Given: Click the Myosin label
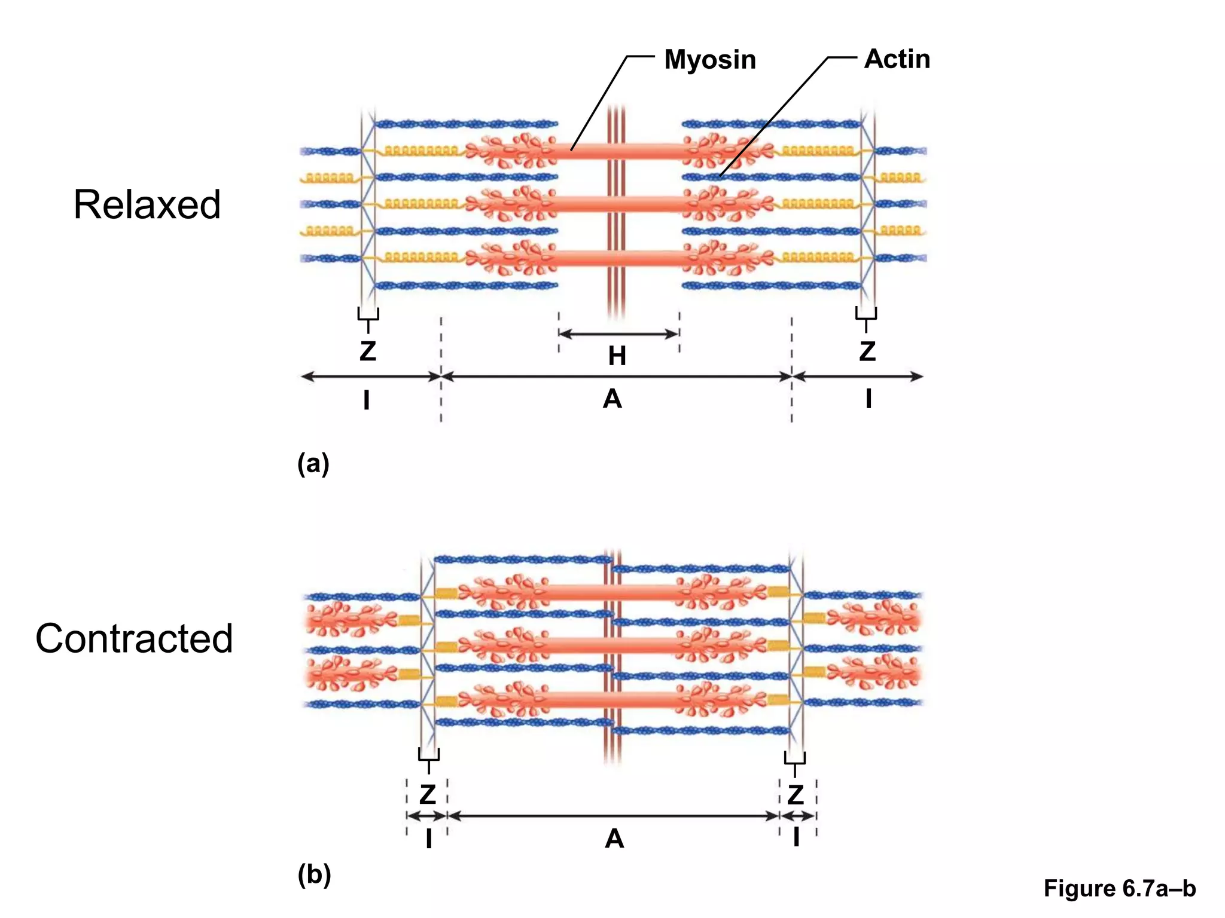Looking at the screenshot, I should pos(710,60).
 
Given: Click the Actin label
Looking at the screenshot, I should pos(897,59).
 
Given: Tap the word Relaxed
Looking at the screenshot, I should pos(147,205).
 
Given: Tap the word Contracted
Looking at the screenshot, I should pos(134,638).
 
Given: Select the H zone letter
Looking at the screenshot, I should pos(617,356).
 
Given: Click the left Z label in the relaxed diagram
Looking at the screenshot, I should pos(368,351).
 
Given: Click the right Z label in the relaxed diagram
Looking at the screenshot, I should pos(867,351).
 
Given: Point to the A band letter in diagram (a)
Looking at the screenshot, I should pos(612,399).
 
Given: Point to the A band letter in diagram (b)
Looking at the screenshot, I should pos(614,839).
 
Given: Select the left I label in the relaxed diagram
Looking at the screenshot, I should pos(367,400).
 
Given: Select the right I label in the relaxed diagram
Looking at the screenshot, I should pos(869,399).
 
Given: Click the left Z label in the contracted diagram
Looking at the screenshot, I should pos(428,794).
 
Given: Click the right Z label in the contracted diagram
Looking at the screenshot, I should pos(796,794).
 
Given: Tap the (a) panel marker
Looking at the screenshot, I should pos(313,464).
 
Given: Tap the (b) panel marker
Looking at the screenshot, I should pos(314,875).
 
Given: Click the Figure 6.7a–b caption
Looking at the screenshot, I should pos(1120,889).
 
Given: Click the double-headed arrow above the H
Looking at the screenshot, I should pos(618,334).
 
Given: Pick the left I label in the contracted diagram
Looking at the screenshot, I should pos(429,839).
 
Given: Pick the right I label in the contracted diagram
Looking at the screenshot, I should pos(796,838).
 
